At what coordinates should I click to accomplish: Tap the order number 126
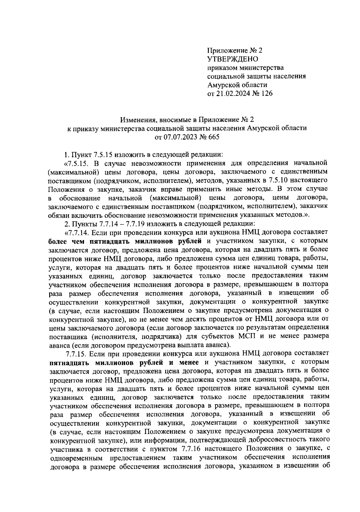pyautogui.click(x=267, y=94)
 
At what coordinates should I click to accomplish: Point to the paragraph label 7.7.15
pyautogui.click(x=77, y=353)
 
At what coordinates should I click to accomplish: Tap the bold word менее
pyautogui.click(x=187, y=362)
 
